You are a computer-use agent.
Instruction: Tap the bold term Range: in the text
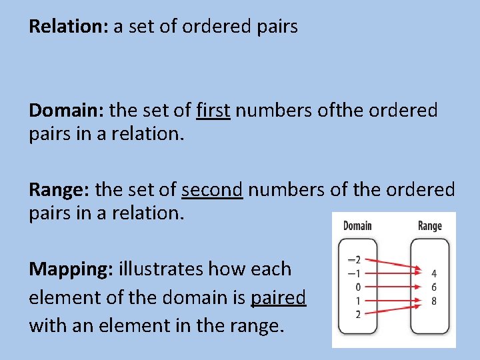[59, 189]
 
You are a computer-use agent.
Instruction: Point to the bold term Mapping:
[71, 269]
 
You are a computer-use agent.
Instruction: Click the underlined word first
[213, 109]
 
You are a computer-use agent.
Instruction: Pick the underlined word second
[212, 189]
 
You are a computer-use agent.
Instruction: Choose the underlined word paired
[278, 297]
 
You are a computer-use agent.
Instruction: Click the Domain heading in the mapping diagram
[357, 225]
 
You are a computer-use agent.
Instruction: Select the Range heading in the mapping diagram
[429, 225]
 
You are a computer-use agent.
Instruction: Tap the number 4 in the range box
[434, 273]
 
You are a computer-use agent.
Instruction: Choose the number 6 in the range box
[434, 287]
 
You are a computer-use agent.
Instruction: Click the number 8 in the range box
[434, 300]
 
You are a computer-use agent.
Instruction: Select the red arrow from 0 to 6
[393, 287]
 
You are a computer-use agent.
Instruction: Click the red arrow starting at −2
[393, 265]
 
